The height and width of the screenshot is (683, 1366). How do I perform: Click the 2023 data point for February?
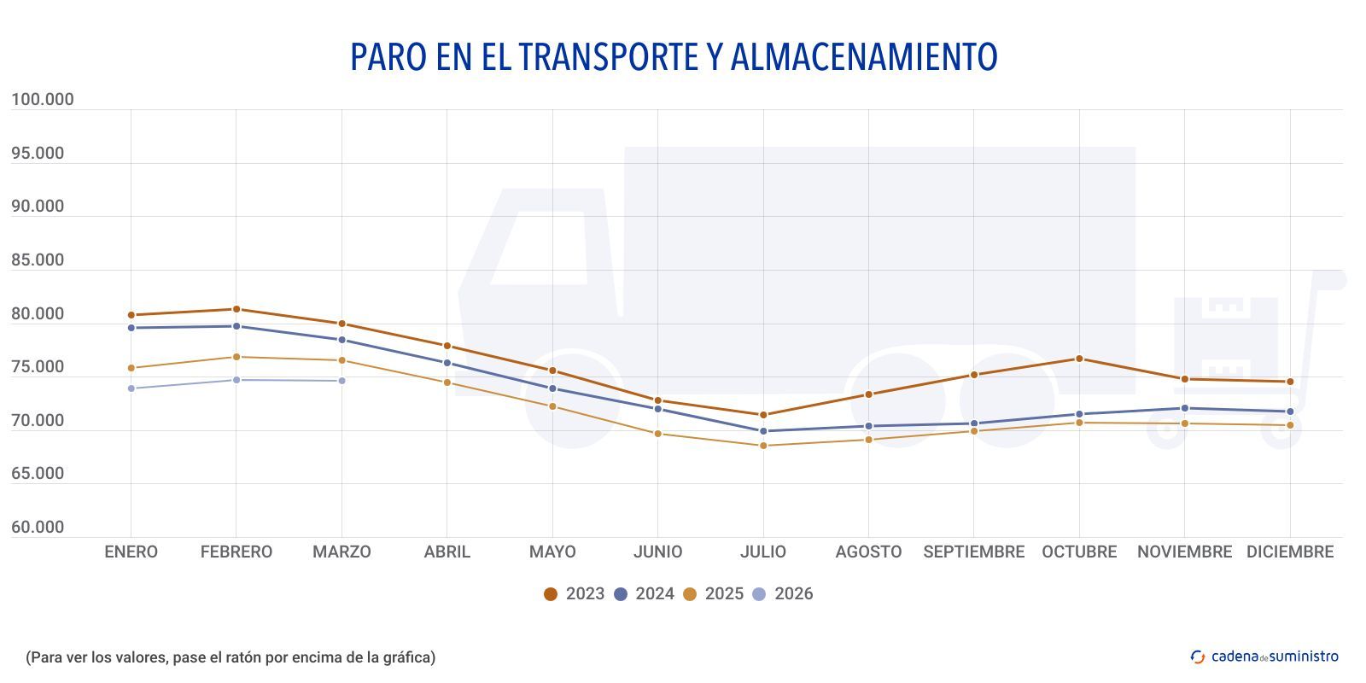(x=236, y=309)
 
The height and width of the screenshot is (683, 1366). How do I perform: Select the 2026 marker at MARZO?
(x=342, y=381)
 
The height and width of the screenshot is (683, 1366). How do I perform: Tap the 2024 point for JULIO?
(x=763, y=431)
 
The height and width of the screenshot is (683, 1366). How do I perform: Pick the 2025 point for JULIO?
(x=763, y=446)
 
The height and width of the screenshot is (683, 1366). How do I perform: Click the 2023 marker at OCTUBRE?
(x=1079, y=359)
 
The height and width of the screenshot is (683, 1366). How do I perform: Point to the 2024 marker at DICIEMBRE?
(x=1290, y=412)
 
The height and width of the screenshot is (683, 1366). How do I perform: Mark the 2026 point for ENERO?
(x=131, y=388)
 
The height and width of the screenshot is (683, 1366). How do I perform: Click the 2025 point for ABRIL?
(x=447, y=382)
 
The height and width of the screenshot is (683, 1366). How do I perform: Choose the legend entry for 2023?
(x=574, y=594)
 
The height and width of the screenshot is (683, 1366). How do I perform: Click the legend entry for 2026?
(x=782, y=594)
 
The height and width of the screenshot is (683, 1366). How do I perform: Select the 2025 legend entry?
(x=713, y=594)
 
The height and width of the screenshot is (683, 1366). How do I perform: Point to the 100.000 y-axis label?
(x=43, y=100)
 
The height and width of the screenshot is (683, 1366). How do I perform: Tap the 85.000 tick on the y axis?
(x=38, y=260)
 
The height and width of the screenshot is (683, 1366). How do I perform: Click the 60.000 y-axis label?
(x=38, y=528)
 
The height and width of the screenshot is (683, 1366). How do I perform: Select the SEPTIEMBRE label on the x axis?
(x=973, y=552)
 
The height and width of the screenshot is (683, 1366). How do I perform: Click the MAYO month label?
(x=552, y=552)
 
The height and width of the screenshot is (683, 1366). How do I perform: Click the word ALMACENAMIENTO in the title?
(x=864, y=56)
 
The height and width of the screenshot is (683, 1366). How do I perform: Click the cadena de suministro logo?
(x=1264, y=657)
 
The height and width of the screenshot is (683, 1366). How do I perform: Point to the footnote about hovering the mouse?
(x=231, y=657)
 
